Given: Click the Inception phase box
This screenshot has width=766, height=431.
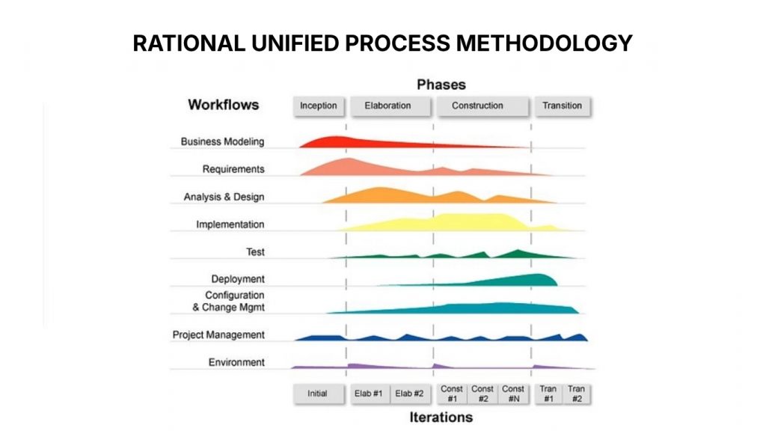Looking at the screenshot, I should [318, 106].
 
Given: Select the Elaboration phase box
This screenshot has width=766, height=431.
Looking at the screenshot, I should [387, 106].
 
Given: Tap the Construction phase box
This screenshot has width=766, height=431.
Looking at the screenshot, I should [477, 106].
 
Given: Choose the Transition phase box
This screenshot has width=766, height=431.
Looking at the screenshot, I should [562, 106].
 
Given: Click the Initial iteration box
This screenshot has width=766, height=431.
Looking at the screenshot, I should [317, 394].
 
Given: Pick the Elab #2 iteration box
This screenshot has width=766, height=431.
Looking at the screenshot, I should [409, 394].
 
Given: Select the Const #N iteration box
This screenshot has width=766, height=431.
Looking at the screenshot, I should [513, 394].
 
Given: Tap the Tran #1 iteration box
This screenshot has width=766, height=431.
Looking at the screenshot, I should [549, 394].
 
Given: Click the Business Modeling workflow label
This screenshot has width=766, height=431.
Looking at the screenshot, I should [222, 141].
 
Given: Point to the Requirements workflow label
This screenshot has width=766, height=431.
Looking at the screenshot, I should [233, 169].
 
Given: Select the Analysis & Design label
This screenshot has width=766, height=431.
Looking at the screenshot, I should [224, 197].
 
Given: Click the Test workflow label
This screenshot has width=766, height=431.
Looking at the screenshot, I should [254, 252].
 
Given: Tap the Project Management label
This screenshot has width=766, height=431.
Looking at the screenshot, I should [218, 334].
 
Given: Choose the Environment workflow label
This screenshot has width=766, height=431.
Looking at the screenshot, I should [236, 362].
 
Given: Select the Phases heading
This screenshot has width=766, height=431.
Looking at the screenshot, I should [441, 85].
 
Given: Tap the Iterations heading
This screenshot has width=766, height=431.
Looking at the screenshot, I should [441, 417].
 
